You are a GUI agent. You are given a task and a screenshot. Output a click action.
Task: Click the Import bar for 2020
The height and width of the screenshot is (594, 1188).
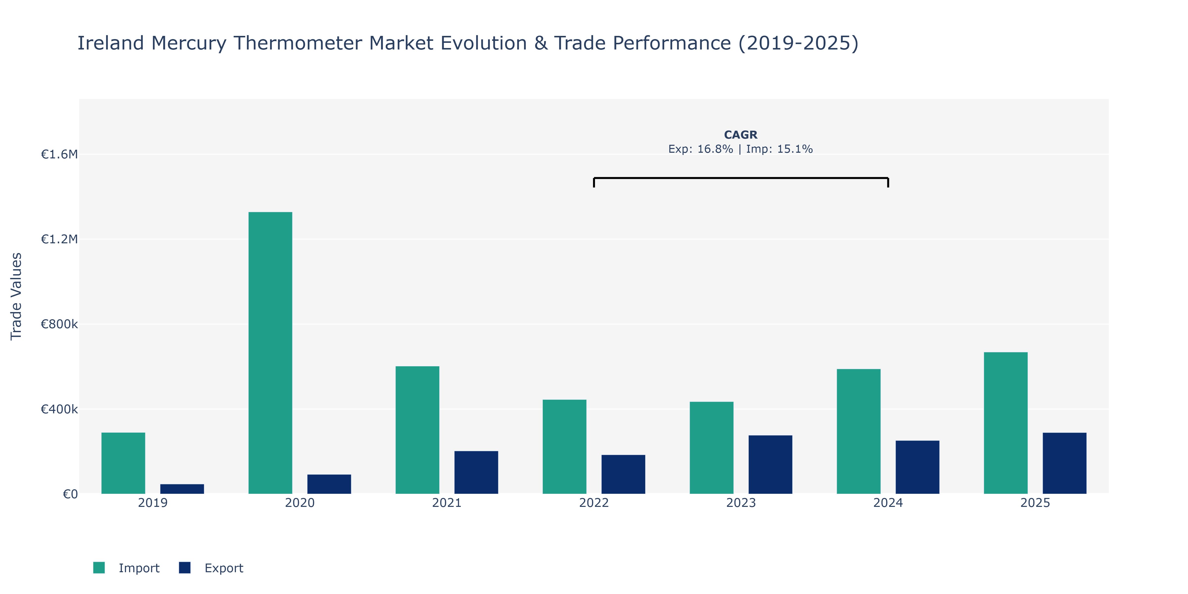[270, 353]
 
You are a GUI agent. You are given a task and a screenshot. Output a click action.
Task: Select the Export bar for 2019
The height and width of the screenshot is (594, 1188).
[182, 489]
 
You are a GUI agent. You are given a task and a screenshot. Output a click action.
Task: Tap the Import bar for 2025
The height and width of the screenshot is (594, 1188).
[1006, 423]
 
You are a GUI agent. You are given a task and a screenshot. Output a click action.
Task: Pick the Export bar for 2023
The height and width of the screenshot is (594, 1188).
[770, 464]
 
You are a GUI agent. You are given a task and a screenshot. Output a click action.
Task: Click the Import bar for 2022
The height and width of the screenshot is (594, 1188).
[565, 447]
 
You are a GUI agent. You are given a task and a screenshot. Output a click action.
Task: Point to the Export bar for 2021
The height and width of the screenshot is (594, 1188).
[476, 472]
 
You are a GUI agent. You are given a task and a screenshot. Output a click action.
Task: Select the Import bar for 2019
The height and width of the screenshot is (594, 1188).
[123, 463]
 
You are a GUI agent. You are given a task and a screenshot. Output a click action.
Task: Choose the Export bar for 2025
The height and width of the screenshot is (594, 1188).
[1064, 463]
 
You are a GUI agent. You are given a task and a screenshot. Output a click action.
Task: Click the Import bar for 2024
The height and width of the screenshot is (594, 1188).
[859, 431]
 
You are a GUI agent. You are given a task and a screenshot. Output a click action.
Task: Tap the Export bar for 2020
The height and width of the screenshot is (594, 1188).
[329, 484]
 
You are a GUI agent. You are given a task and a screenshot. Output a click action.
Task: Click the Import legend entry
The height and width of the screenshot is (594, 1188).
[126, 568]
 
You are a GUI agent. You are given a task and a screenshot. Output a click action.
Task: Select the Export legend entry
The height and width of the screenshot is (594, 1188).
[211, 568]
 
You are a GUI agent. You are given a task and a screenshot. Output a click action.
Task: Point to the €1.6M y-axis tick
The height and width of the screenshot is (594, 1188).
[59, 154]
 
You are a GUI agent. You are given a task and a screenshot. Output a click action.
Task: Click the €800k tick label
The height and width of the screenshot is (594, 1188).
[59, 324]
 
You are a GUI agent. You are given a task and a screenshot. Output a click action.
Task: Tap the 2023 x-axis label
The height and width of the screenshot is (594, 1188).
[741, 503]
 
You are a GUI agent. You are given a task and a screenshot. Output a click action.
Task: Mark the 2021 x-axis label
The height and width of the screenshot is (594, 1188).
[447, 503]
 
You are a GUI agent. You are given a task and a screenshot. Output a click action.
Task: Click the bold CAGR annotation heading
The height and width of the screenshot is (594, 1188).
[741, 135]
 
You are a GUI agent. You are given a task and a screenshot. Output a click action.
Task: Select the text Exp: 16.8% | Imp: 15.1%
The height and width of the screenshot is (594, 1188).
[741, 149]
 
